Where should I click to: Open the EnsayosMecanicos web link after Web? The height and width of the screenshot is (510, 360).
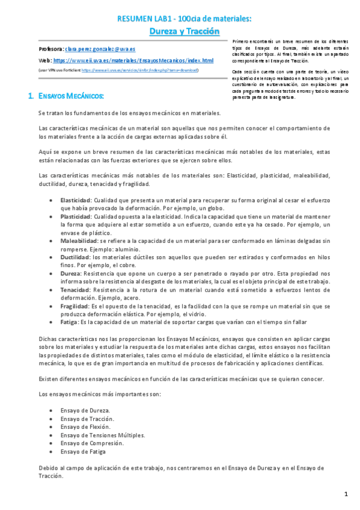click(x=133, y=61)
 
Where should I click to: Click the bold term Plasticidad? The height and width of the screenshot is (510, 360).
click(x=75, y=215)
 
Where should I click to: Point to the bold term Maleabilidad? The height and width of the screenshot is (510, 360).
click(x=78, y=240)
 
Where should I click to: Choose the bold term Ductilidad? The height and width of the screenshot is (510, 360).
click(x=75, y=256)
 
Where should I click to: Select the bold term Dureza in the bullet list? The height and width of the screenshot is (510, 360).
click(x=70, y=272)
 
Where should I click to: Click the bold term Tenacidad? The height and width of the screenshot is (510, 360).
click(x=75, y=289)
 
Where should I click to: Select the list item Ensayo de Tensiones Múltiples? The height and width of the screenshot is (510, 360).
click(x=102, y=434)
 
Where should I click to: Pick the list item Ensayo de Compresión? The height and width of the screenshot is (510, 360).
click(x=92, y=443)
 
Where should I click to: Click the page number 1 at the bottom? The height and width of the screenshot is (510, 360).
click(x=346, y=494)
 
